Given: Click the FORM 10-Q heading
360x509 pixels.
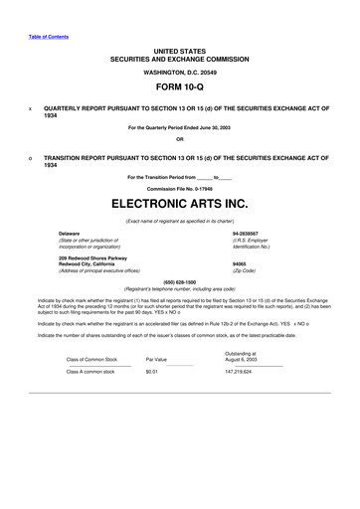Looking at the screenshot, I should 179,87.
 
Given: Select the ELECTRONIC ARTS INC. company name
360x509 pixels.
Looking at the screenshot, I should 179,202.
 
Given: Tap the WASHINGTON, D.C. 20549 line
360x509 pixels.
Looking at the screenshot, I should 179,73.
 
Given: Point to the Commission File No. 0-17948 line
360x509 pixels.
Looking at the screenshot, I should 179,188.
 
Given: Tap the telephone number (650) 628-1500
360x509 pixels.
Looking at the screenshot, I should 179,281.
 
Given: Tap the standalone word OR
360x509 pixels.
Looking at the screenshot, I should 179,139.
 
